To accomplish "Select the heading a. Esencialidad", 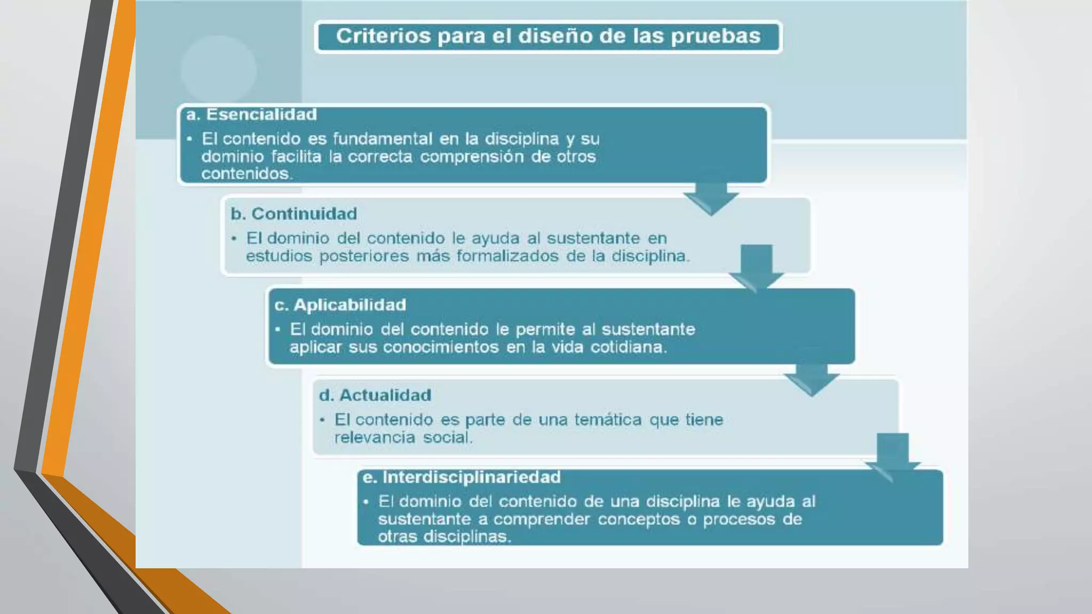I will pos(252,115).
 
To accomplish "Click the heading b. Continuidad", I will pos(294,214).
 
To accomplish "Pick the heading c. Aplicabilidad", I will pos(340,305).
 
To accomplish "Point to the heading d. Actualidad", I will pos(375,395).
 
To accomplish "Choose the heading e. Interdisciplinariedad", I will pos(462,477).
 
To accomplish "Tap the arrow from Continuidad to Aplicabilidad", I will pos(757,266).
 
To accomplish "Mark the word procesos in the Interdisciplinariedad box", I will pos(738,519).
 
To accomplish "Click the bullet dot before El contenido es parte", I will pos(322,420).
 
